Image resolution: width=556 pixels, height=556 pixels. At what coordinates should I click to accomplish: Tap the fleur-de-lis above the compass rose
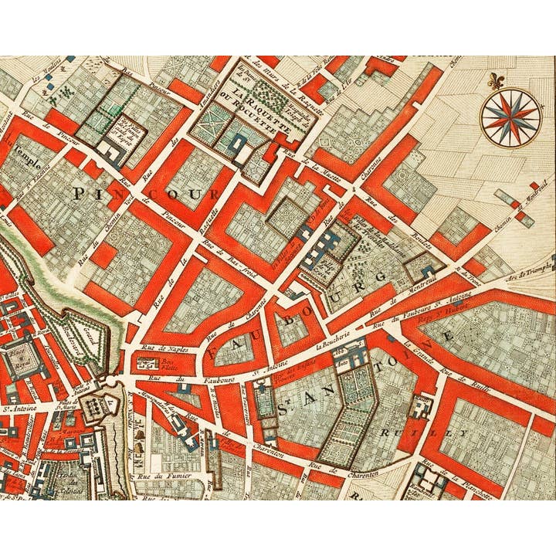click(494, 80)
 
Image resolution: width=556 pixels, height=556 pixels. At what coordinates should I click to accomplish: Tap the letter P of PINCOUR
click(79, 194)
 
